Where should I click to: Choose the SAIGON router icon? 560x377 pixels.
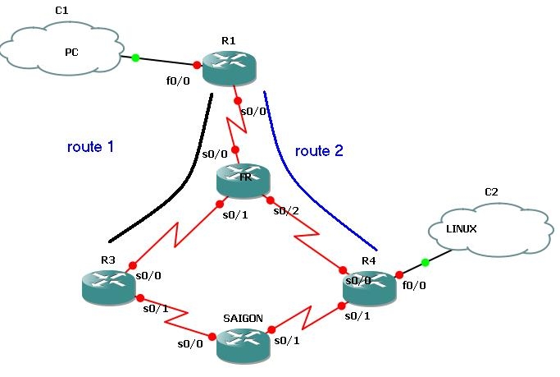(x=244, y=344)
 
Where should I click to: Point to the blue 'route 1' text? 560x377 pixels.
(x=90, y=147)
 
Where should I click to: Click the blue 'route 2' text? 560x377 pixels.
(x=319, y=150)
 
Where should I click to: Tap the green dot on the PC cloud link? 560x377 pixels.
(x=136, y=57)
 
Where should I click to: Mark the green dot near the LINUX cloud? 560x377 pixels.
(x=425, y=263)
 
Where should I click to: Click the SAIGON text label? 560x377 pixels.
(x=244, y=317)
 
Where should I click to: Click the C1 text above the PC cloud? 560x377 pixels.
(x=62, y=10)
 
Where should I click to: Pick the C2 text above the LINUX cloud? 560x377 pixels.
(x=491, y=192)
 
